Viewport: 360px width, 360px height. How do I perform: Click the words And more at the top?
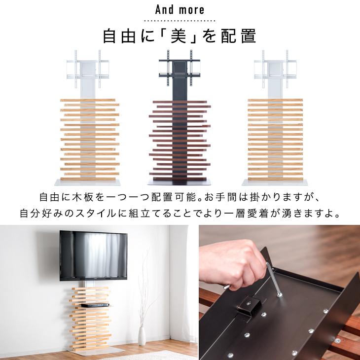(180, 10)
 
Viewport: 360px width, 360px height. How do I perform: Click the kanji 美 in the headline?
(179, 36)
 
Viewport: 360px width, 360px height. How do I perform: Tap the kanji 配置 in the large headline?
(238, 36)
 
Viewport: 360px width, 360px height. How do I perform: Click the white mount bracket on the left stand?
(88, 69)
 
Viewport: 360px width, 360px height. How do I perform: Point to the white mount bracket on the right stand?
(275, 69)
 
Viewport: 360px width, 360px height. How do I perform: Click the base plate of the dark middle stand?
(179, 182)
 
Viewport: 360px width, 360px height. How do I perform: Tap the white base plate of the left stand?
(87, 182)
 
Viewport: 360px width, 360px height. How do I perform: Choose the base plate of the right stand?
(275, 182)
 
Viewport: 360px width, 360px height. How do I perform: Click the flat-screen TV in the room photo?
(93, 256)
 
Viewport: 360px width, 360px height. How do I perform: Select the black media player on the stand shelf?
(95, 305)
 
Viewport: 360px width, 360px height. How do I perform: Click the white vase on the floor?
(142, 336)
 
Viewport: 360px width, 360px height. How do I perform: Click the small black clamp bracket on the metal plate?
(249, 307)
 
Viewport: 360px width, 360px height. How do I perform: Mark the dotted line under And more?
(180, 21)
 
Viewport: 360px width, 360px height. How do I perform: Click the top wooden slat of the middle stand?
(180, 102)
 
